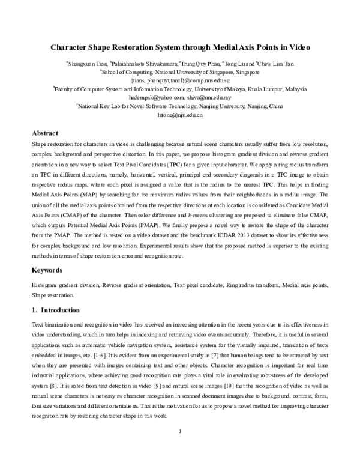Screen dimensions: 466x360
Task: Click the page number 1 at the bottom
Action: (180, 449)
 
